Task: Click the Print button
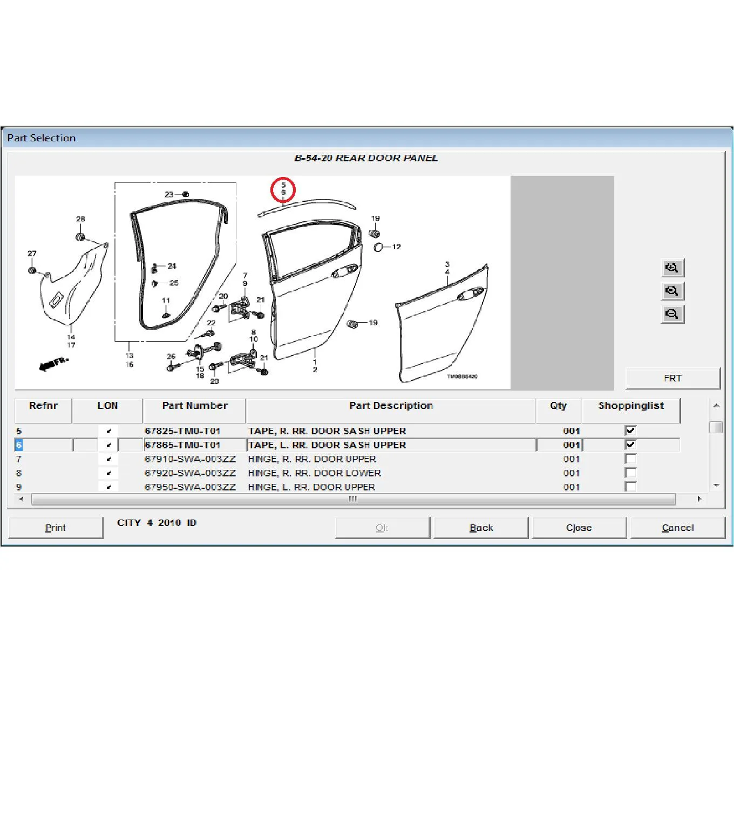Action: pos(56,528)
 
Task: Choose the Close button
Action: pos(579,528)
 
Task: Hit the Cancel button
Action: pos(678,528)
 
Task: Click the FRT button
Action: pos(672,378)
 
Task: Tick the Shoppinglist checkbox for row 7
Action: pos(630,459)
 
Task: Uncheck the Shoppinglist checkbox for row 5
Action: pos(630,431)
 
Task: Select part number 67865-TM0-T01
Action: pos(182,445)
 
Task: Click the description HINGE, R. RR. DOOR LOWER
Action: pos(314,473)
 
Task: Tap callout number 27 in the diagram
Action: pos(32,253)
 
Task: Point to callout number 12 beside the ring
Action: pos(396,247)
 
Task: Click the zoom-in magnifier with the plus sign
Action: pos(672,268)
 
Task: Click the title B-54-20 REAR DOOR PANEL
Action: pos(366,158)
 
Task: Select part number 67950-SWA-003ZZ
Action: pos(190,487)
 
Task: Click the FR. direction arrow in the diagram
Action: pos(53,364)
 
